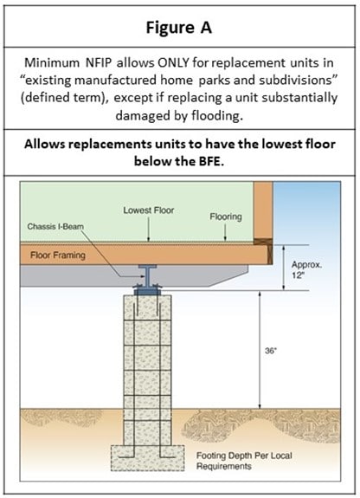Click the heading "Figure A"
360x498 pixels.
pyautogui.click(x=179, y=28)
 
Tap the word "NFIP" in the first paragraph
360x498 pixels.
pyautogui.click(x=99, y=62)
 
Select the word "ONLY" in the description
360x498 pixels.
pyautogui.click(x=173, y=62)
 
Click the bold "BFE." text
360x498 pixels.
pyautogui.click(x=211, y=161)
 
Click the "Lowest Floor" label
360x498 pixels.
pyautogui.click(x=149, y=210)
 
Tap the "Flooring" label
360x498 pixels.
pyautogui.click(x=226, y=217)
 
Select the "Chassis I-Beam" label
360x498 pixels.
pyautogui.click(x=55, y=226)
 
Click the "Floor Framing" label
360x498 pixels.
pyautogui.click(x=58, y=255)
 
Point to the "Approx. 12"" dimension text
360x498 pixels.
pyautogui.click(x=306, y=269)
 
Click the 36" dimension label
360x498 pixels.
pyautogui.click(x=271, y=351)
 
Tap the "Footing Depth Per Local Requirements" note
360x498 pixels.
pyautogui.click(x=244, y=461)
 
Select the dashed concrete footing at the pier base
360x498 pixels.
pyautogui.click(x=148, y=457)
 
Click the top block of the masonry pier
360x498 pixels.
pyautogui.click(x=148, y=307)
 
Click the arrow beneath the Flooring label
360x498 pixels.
pyautogui.click(x=225, y=232)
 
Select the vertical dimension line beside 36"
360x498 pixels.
pyautogui.click(x=260, y=350)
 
